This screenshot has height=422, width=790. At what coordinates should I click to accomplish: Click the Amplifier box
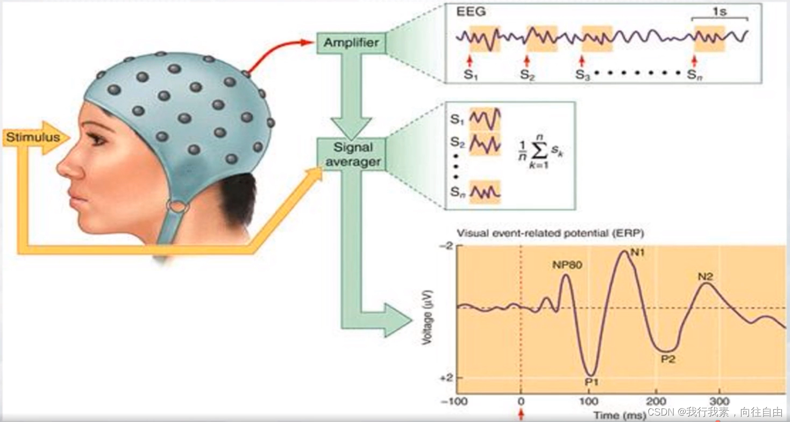click(x=351, y=42)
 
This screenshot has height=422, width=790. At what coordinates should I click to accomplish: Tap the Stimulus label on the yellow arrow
click(x=33, y=137)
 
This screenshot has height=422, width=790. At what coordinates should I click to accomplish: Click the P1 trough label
click(x=592, y=382)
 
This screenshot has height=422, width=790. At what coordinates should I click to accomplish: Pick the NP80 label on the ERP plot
click(x=566, y=265)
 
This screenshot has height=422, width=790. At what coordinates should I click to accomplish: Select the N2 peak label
click(x=706, y=277)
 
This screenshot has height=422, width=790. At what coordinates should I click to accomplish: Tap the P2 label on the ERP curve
click(x=667, y=359)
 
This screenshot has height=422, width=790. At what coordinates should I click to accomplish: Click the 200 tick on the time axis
click(x=656, y=402)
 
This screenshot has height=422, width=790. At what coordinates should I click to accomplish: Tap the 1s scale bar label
click(x=720, y=11)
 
